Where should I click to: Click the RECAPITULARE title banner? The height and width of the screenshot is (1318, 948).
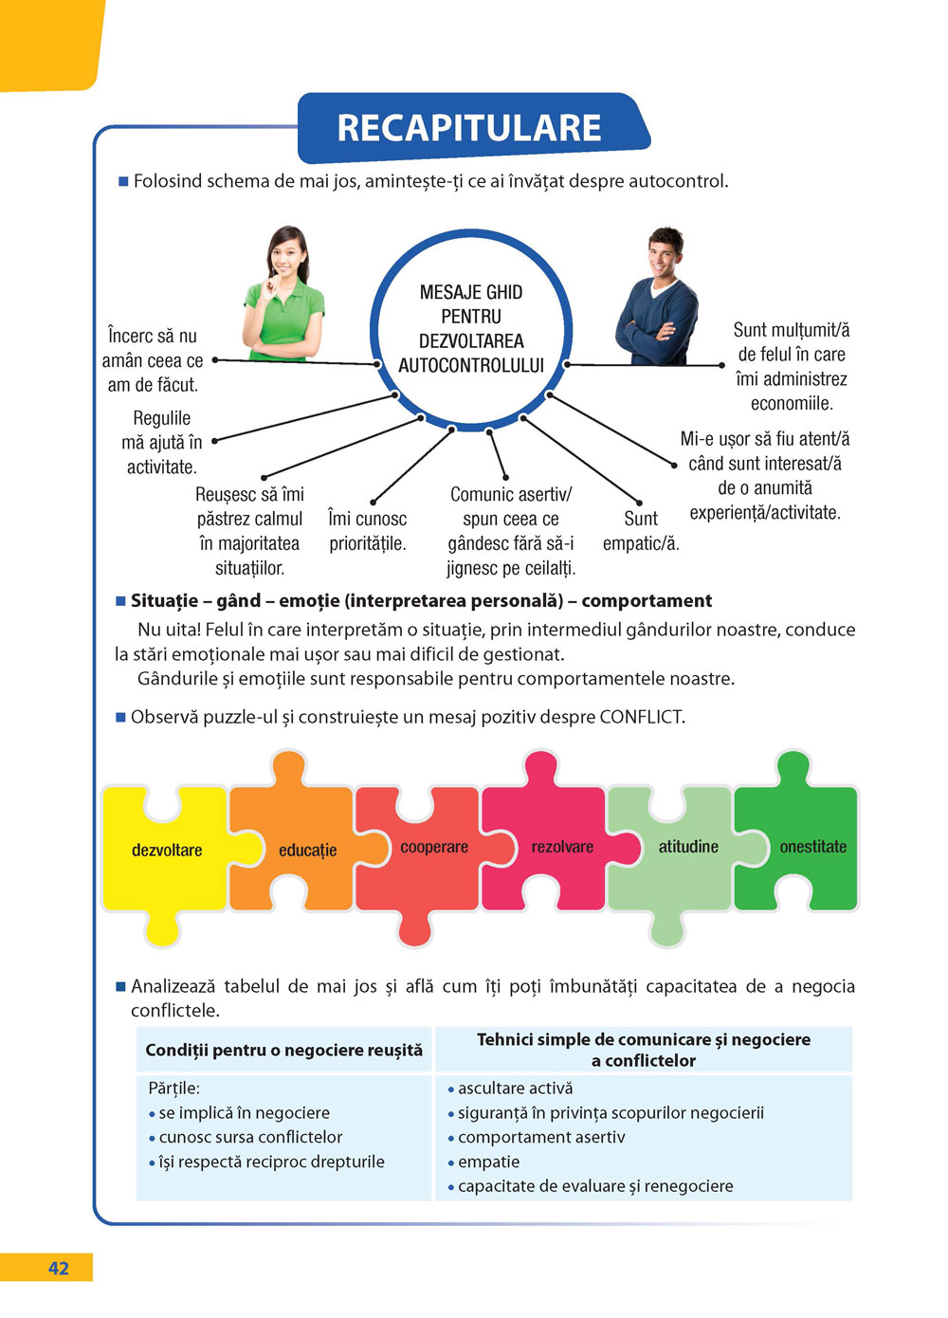[470, 128]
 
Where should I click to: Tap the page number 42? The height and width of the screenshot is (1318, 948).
[58, 1269]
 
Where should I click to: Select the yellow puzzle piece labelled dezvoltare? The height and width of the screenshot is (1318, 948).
[166, 851]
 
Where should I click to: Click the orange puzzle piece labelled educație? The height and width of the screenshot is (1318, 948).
[307, 851]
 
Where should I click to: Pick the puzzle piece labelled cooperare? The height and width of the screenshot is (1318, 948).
[433, 848]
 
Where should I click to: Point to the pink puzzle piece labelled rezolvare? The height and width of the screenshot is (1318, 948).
[561, 848]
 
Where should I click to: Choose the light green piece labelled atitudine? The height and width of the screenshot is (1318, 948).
[688, 847]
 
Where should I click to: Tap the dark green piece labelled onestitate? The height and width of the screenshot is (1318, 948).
[812, 847]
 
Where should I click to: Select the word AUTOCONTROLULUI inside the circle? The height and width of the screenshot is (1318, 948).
[471, 366]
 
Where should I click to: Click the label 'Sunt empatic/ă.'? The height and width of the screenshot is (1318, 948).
[641, 531]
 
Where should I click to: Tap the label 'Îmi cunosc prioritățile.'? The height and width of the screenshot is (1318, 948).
[367, 531]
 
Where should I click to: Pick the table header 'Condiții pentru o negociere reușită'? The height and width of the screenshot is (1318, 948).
[283, 1050]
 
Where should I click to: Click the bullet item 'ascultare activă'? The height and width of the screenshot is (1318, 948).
[515, 1089]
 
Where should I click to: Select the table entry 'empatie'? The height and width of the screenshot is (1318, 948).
[488, 1162]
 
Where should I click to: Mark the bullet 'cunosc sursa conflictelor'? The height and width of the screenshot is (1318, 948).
[250, 1137]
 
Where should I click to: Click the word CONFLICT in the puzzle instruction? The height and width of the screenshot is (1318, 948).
[640, 717]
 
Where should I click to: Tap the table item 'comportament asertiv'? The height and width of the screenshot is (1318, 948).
[541, 1137]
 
